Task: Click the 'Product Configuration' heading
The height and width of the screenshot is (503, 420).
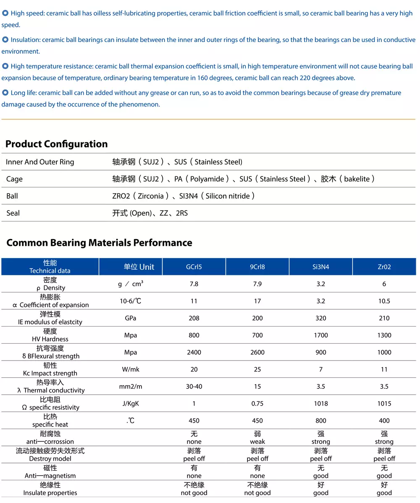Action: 56,144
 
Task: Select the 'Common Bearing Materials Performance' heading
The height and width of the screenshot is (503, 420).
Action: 100,243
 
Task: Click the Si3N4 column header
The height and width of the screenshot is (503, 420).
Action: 320,267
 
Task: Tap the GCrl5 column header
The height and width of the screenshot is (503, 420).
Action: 194,267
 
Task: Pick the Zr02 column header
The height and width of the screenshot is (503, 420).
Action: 384,267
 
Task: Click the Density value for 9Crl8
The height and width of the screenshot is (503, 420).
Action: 257,284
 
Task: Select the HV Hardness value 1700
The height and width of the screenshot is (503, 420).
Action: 320,335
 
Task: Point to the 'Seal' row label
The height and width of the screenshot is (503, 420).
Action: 13,213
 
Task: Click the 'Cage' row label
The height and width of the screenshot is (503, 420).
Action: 14,179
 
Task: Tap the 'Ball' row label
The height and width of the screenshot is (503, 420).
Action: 12,196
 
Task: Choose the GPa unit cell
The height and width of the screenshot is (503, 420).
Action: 131,318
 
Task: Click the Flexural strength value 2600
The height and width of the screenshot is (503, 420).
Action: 257,352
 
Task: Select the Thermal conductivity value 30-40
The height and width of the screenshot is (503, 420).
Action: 194,387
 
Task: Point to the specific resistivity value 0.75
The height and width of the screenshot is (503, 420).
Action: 257,403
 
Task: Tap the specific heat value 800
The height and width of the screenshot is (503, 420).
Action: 320,421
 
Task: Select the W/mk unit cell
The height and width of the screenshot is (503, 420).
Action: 131,369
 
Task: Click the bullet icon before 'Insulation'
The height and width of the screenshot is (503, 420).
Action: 5,40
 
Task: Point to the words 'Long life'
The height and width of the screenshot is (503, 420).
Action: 23,93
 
